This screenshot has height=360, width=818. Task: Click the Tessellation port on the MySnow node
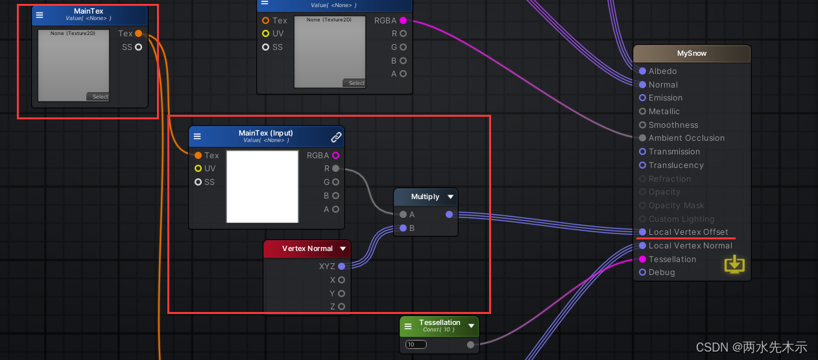coord(642,259)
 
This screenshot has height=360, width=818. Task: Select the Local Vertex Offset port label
coord(688,232)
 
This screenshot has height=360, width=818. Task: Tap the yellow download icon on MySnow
coord(734,264)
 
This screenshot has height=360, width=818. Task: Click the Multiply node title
coord(425,197)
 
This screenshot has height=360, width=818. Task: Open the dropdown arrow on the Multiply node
coord(450,197)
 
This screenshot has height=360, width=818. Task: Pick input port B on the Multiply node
coord(403,228)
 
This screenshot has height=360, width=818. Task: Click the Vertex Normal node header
coord(307,248)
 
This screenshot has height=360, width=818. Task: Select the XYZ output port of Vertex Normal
coord(341,266)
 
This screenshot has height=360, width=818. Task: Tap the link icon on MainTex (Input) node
coord(336,137)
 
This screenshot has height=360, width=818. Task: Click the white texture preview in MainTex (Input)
coord(262,187)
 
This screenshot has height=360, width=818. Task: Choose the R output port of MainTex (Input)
coord(335,169)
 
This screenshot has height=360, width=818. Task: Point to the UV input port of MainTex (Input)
coord(198,169)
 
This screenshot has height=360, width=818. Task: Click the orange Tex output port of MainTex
coord(138,34)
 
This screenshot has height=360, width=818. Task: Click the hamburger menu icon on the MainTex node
coord(40,15)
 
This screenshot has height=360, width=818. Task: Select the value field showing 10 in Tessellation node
coord(416,344)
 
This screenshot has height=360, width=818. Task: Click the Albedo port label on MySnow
coord(662,71)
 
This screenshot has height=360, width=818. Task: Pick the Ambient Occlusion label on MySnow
coord(686,138)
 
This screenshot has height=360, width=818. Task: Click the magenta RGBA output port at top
coord(403,21)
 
